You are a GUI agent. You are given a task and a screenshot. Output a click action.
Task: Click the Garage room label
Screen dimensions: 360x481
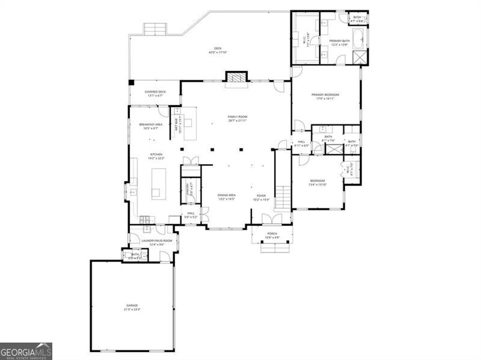click(x=133, y=307)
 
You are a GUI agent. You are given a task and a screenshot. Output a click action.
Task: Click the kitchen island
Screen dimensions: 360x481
click(x=159, y=183)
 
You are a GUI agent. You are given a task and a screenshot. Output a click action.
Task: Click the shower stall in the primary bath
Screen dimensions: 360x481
click(x=360, y=57)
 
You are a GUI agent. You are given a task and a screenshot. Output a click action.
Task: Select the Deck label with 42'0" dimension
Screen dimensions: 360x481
click(x=217, y=50)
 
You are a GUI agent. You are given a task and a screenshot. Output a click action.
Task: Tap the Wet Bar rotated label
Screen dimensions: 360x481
click(x=177, y=123)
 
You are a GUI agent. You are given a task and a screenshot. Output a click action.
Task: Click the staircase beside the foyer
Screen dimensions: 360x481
click(x=283, y=180)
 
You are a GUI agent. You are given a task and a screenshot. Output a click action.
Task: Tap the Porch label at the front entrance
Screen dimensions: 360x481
click(x=272, y=235)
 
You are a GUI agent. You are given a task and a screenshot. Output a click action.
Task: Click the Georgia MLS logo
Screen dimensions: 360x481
click(x=26, y=351)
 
